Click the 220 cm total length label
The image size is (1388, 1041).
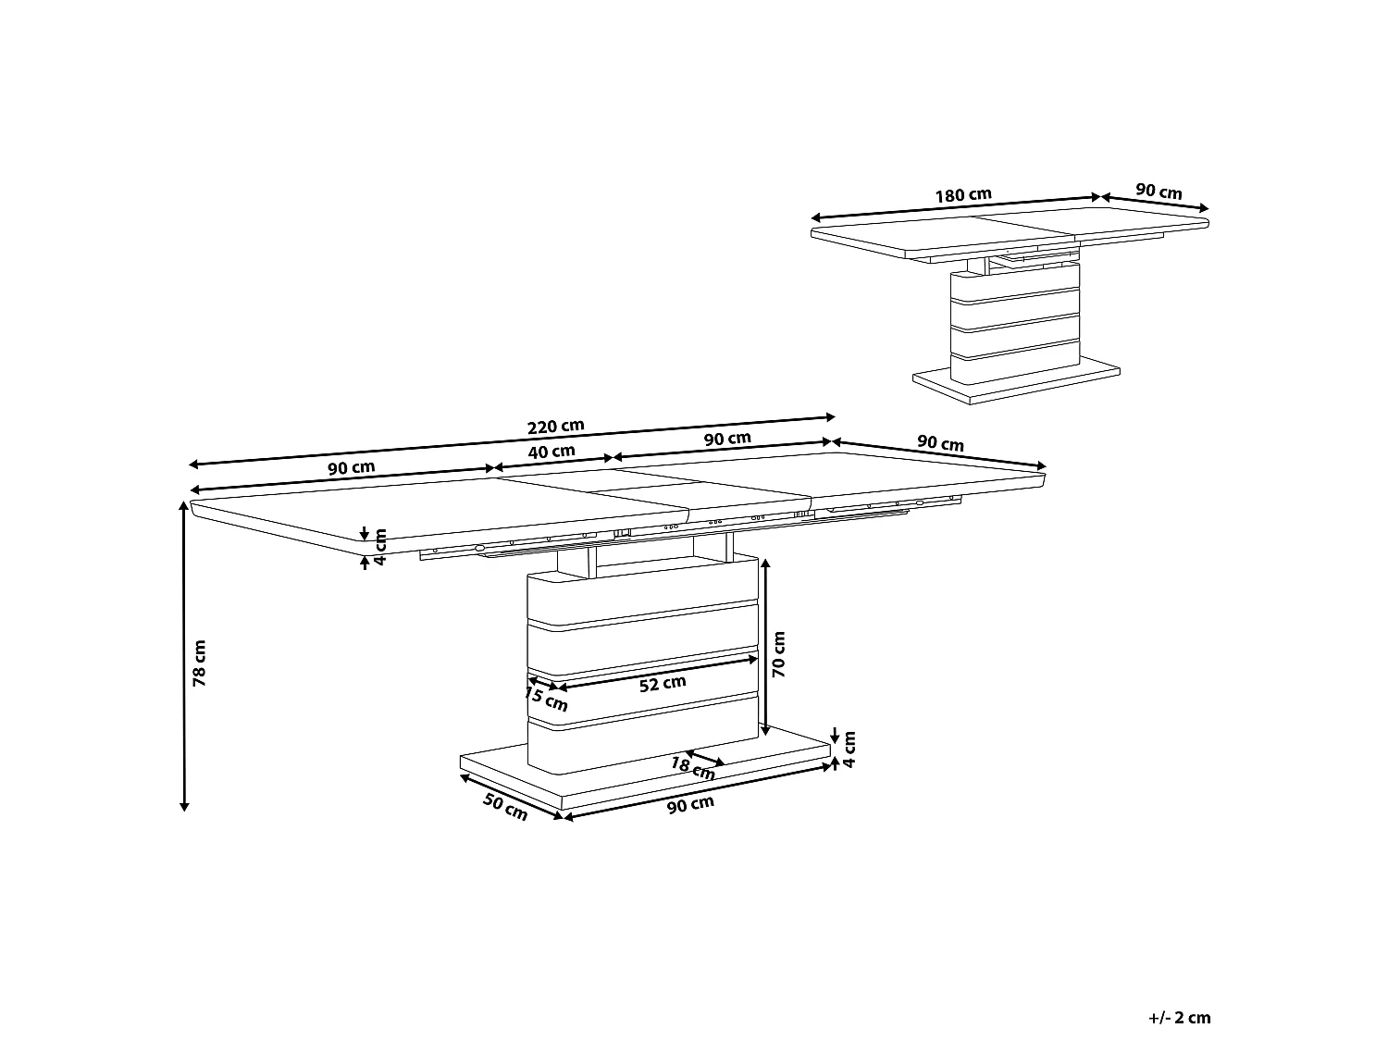pyautogui.click(x=555, y=427)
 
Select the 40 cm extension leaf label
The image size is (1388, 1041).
pyautogui.click(x=551, y=452)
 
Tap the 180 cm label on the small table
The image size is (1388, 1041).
pyautogui.click(x=962, y=195)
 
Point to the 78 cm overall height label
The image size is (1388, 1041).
pyautogui.click(x=199, y=663)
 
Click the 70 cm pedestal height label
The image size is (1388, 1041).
pyautogui.click(x=778, y=654)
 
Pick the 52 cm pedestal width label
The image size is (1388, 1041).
pyautogui.click(x=663, y=683)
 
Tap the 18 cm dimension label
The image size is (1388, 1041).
pyautogui.click(x=691, y=767)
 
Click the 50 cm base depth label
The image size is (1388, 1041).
pyautogui.click(x=505, y=807)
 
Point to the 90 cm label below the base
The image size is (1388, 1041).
pyautogui.click(x=691, y=805)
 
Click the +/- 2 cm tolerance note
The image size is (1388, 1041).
pyautogui.click(x=1179, y=1018)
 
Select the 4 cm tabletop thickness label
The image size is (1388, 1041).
pyautogui.click(x=379, y=547)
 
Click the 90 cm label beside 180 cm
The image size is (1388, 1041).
pyautogui.click(x=1159, y=192)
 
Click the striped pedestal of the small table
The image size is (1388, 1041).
pyautogui.click(x=1015, y=315)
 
